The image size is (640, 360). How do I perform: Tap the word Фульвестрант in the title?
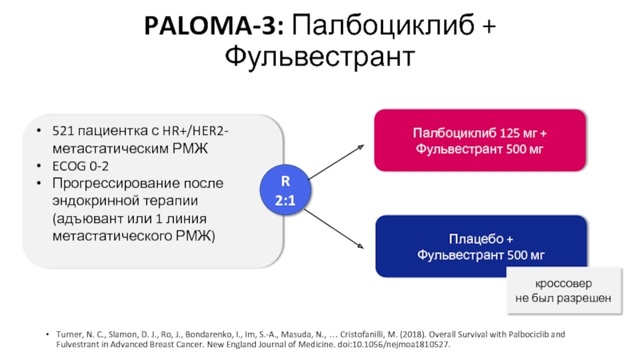pos(319,57)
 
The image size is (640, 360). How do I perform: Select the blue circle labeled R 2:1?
pos(285,193)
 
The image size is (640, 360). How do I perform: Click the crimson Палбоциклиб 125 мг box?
pos(480,141)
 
